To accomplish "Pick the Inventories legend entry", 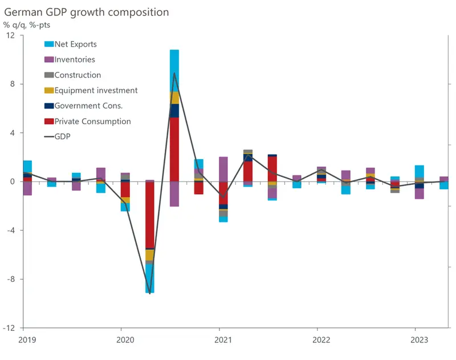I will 74,59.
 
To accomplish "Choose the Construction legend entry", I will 78,75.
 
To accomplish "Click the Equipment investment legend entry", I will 96,90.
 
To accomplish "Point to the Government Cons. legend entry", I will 88,106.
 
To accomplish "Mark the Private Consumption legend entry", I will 92,121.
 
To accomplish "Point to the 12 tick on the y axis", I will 11,35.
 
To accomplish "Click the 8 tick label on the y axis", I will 13,84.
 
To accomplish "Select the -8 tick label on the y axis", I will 11,279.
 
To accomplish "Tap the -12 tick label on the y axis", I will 9,328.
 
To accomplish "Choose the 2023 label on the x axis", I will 416,340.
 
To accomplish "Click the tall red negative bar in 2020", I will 150,215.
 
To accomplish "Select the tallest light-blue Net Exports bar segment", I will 174,70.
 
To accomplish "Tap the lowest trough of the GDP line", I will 150,293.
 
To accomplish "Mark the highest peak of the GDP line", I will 174,73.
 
